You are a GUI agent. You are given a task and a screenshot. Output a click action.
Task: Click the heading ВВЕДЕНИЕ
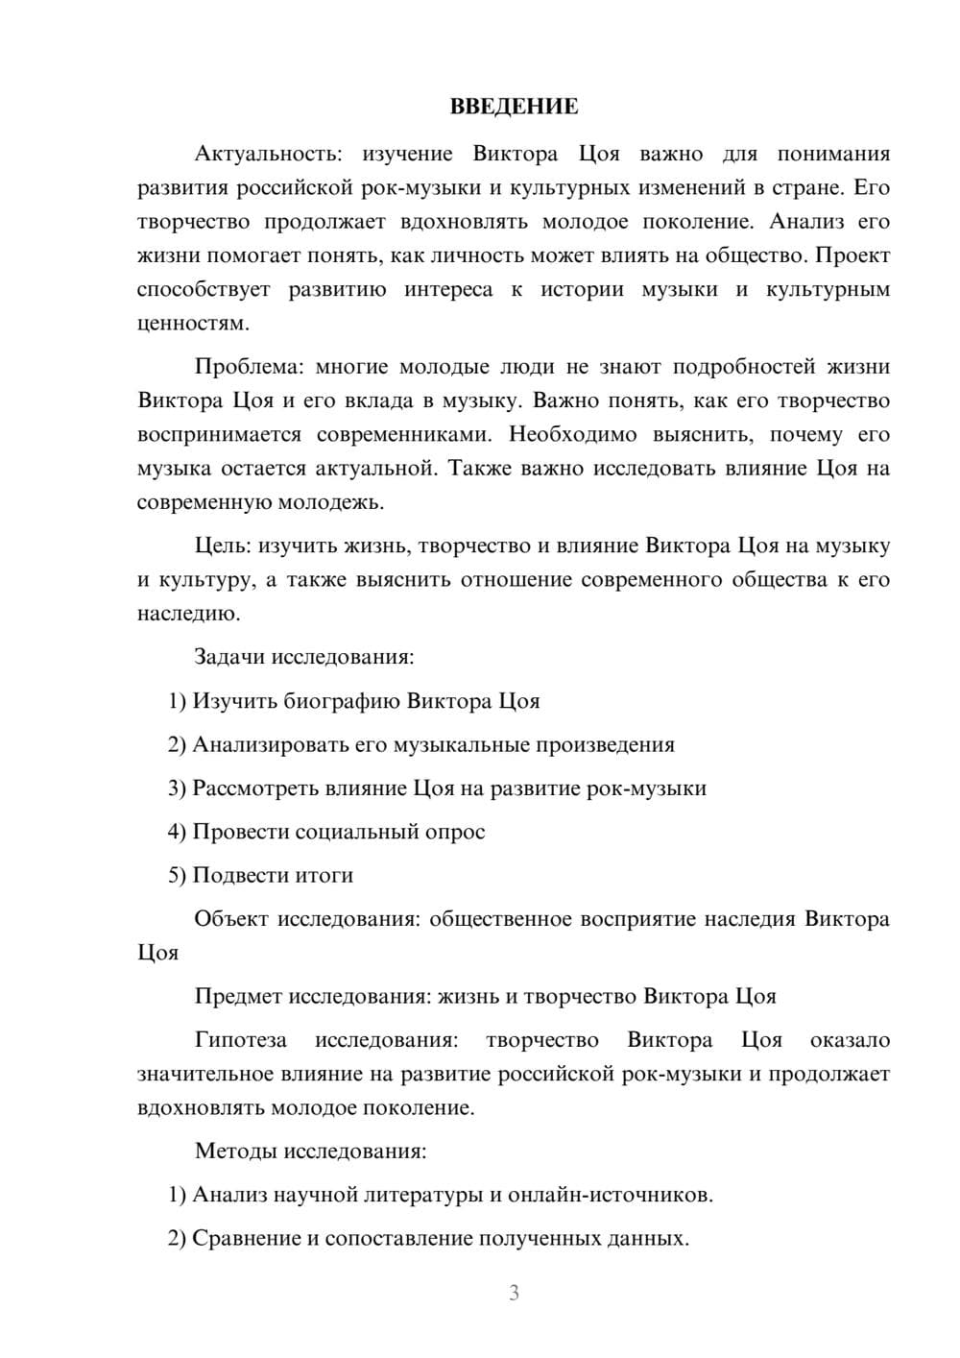click(514, 107)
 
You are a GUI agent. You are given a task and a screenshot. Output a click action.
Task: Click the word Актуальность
click(266, 154)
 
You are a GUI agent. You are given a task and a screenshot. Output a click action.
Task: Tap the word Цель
click(222, 546)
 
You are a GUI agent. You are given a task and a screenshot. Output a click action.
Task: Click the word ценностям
click(192, 324)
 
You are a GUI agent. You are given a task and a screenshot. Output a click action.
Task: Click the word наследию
click(188, 614)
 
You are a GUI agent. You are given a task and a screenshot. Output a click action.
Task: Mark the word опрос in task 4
click(454, 832)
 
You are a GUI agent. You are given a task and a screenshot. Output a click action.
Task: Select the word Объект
click(231, 919)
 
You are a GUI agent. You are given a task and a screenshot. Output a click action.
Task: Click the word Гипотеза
click(240, 1040)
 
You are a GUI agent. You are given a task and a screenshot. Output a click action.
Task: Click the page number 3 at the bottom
click(514, 1293)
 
